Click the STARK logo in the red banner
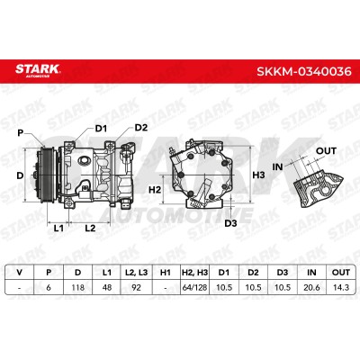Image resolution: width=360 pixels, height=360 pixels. tap(38, 70)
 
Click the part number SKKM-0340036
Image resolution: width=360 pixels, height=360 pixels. tap(304, 71)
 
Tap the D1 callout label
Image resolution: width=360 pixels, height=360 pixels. tap(101, 129)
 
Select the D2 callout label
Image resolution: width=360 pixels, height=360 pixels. tap(141, 128)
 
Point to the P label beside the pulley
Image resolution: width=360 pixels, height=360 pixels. tap(21, 132)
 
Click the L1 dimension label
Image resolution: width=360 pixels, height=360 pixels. tap(58, 229)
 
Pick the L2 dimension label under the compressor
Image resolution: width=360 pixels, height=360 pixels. tap(90, 229)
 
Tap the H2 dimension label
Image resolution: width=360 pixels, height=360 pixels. tap(155, 190)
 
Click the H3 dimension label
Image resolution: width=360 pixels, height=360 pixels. tap(258, 175)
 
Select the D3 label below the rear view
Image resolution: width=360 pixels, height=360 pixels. tap(230, 223)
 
